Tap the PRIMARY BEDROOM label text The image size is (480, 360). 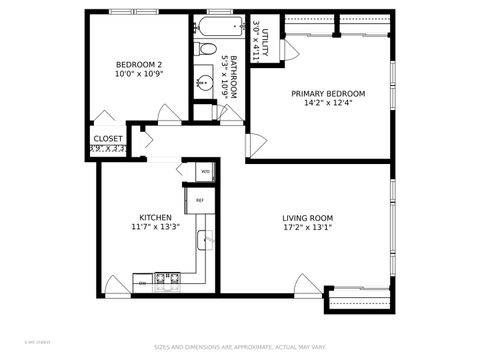(x=328, y=94)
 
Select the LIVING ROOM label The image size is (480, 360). (x=307, y=218)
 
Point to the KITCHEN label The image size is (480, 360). (x=155, y=218)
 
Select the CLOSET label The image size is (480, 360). (x=108, y=139)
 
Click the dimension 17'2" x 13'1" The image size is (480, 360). (x=307, y=228)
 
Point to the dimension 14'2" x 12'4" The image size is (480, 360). (x=328, y=104)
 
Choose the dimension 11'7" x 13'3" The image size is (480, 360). (x=155, y=228)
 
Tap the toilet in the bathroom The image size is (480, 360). (x=205, y=48)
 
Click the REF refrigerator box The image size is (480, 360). (x=200, y=201)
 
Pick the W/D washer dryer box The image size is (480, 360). (x=205, y=171)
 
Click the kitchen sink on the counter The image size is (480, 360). (x=205, y=240)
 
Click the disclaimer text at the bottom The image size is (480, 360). (x=240, y=348)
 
